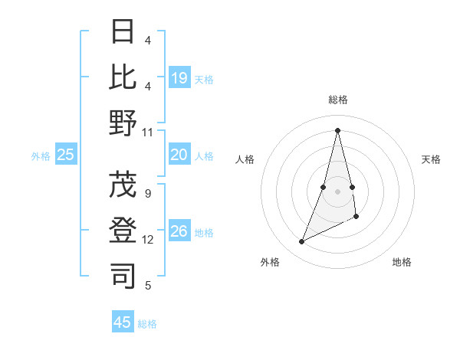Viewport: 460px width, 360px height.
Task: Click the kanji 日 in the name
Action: click(x=123, y=32)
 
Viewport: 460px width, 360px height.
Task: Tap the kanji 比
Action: click(x=123, y=77)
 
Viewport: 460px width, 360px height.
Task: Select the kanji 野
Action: click(x=123, y=123)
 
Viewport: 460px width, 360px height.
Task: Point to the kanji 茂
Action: click(x=123, y=185)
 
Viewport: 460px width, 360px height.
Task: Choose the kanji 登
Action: click(x=123, y=231)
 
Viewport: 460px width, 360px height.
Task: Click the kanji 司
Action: click(x=123, y=277)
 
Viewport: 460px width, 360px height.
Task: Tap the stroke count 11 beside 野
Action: click(x=148, y=132)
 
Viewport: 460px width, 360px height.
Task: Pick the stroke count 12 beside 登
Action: click(x=148, y=240)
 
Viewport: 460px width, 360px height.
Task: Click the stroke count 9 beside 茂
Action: click(x=148, y=193)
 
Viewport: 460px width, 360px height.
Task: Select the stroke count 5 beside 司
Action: click(x=148, y=286)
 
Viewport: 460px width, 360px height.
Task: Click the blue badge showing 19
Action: click(x=179, y=77)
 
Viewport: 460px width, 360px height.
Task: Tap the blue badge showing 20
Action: click(x=179, y=155)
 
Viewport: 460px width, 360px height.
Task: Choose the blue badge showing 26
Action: click(x=179, y=231)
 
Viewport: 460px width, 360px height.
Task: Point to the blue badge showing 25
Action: click(x=66, y=155)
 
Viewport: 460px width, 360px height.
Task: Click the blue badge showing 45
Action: click(x=123, y=322)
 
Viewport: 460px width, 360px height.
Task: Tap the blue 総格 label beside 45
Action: click(x=147, y=324)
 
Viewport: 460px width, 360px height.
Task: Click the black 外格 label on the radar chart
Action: click(x=269, y=262)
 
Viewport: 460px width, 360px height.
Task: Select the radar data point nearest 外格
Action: click(x=302, y=242)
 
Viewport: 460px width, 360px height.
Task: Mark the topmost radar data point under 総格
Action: click(x=337, y=129)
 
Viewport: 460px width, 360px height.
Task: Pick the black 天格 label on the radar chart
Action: click(x=431, y=159)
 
